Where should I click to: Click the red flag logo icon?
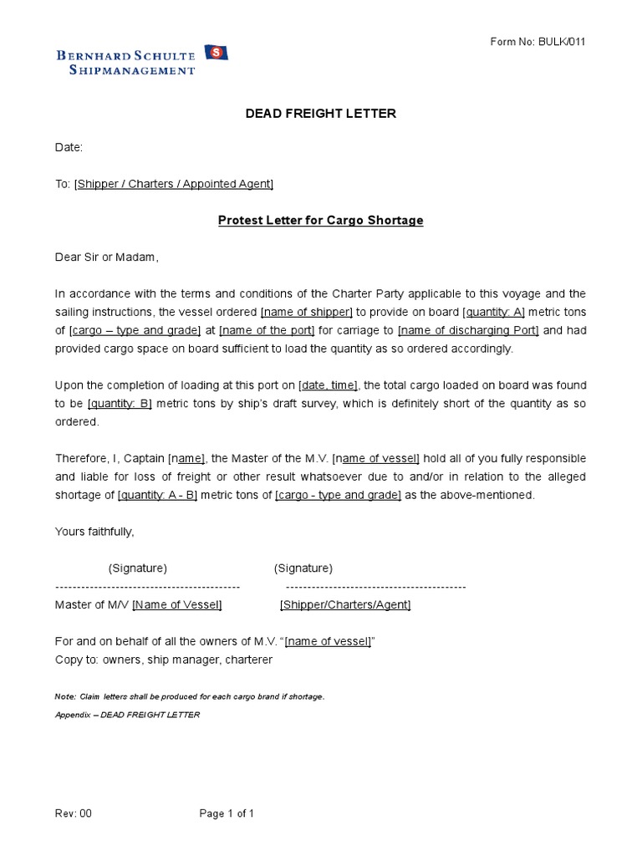pyautogui.click(x=216, y=53)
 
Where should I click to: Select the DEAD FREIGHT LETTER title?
pyautogui.click(x=320, y=114)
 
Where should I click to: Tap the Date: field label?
pyautogui.click(x=69, y=147)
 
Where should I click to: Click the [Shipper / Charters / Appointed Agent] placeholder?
pyautogui.click(x=174, y=184)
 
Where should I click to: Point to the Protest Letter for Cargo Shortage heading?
pyautogui.click(x=320, y=221)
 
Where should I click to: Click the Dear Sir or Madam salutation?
pyautogui.click(x=106, y=257)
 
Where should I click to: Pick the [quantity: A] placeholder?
pyautogui.click(x=493, y=313)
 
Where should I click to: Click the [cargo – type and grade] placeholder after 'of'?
pyautogui.click(x=135, y=331)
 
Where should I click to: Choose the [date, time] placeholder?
pyautogui.click(x=328, y=385)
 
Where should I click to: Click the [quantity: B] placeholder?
pyautogui.click(x=120, y=404)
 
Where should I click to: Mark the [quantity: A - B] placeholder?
pyautogui.click(x=156, y=495)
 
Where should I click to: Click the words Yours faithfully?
pyautogui.click(x=94, y=532)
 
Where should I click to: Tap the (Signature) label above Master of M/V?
pyautogui.click(x=138, y=568)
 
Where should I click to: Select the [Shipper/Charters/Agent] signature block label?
pyautogui.click(x=345, y=605)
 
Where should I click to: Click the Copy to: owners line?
pyautogui.click(x=164, y=660)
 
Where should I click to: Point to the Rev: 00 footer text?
pyautogui.click(x=74, y=813)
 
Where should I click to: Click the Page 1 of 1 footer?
pyautogui.click(x=227, y=813)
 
